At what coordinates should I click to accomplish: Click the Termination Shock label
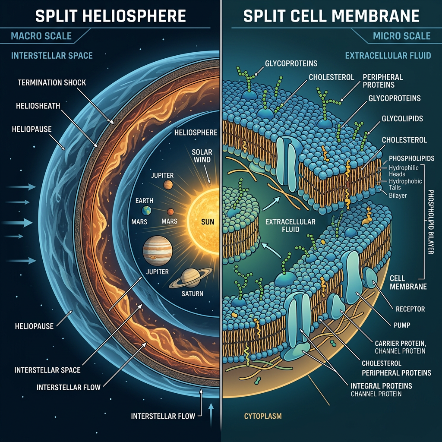pyautogui.click(x=52, y=82)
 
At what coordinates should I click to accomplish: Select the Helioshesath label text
pyautogui.click(x=38, y=106)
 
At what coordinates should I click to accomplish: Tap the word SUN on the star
pyautogui.click(x=208, y=222)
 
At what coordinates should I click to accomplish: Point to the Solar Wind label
pyautogui.click(x=202, y=156)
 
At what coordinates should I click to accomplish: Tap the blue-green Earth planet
pyautogui.click(x=146, y=210)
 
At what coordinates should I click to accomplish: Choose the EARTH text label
pyautogui.click(x=144, y=201)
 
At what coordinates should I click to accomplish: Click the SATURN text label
pyautogui.click(x=192, y=294)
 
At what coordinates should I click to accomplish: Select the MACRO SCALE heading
pyautogui.click(x=41, y=36)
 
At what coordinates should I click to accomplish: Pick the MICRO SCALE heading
pyautogui.click(x=402, y=36)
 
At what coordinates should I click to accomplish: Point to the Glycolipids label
pyautogui.click(x=402, y=119)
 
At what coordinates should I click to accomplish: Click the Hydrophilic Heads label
pyautogui.click(x=404, y=171)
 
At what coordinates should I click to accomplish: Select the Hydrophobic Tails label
pyautogui.click(x=405, y=184)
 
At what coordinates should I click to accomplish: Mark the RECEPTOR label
pyautogui.click(x=410, y=309)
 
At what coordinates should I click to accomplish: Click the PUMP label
pyautogui.click(x=402, y=325)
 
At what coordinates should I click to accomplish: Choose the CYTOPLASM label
pyautogui.click(x=263, y=416)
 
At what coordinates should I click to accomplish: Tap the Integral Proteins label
pyautogui.click(x=381, y=386)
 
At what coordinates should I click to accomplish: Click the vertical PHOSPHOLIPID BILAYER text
pyautogui.click(x=430, y=222)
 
